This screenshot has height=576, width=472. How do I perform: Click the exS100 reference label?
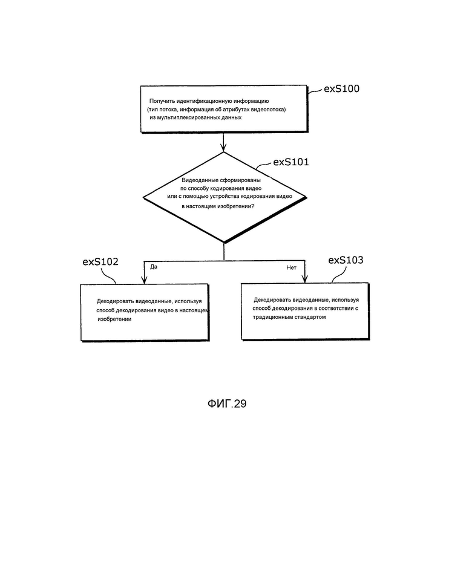point(341,89)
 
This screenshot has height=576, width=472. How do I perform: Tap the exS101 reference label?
point(291,162)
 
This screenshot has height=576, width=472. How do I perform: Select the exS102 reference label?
point(100,262)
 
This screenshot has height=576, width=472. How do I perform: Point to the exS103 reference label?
point(346,260)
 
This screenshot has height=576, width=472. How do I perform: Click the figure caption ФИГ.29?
point(227,404)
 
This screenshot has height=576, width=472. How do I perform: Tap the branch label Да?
point(154,267)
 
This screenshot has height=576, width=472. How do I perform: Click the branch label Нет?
point(291,268)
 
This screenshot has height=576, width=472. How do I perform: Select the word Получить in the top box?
point(162,101)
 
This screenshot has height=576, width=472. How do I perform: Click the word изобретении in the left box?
point(114,319)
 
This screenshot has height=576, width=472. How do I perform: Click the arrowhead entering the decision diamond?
point(223,148)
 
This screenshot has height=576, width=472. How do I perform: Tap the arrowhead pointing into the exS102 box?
point(145,280)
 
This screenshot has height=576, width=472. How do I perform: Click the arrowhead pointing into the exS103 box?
point(304,279)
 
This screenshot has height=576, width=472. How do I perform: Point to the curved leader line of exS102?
point(109,275)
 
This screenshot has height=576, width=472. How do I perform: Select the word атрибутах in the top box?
point(237,110)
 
